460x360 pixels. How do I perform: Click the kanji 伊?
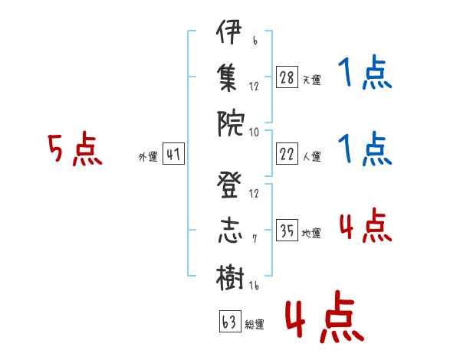coord(229,31)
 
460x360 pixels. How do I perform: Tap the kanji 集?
coord(228,77)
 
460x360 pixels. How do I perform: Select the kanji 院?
coord(231,123)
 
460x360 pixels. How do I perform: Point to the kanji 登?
coord(229,185)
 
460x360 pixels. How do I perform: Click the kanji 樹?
coord(230,277)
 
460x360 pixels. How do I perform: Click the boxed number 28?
coord(287,77)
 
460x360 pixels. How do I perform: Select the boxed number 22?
coord(287,154)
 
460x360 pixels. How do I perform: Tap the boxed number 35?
coord(287,230)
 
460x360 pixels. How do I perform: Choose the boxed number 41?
coord(173,154)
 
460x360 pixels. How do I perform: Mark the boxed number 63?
coord(230,321)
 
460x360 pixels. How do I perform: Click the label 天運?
coord(312,80)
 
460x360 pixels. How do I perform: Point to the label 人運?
coord(312,156)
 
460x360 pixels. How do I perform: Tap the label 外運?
coord(148,157)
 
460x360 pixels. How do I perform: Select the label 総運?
coord(255,325)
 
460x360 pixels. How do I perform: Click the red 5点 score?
coord(75,149)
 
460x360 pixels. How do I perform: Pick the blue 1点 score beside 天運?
coord(365,72)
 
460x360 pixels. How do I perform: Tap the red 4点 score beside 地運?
coord(366,225)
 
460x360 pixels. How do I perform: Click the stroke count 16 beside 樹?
coord(254,285)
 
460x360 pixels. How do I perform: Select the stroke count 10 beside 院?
coord(254,133)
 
